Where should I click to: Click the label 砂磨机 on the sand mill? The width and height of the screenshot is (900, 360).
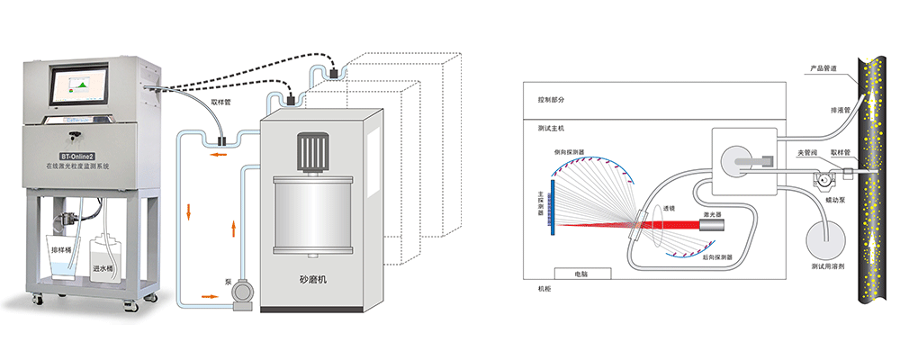pyautogui.click(x=321, y=279)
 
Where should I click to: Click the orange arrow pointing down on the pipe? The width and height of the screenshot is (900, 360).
pyautogui.click(x=188, y=212)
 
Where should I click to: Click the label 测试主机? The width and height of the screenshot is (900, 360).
pyautogui.click(x=550, y=130)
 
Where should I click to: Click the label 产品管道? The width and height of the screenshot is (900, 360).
pyautogui.click(x=823, y=67)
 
